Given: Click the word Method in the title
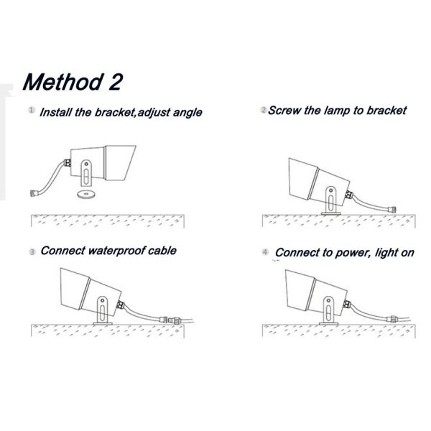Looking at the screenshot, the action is [62, 82].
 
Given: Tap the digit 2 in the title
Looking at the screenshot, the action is [115, 82].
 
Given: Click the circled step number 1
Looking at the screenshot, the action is [32, 110].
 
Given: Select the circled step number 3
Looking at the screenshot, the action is [32, 252].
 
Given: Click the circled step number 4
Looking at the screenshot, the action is [265, 252].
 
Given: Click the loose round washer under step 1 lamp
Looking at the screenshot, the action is [86, 194].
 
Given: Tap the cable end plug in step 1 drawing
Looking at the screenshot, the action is [34, 193].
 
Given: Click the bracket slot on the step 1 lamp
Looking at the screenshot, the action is [86, 177].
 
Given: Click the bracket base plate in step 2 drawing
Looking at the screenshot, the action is [331, 213].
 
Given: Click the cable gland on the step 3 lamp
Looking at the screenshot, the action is [120, 305].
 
